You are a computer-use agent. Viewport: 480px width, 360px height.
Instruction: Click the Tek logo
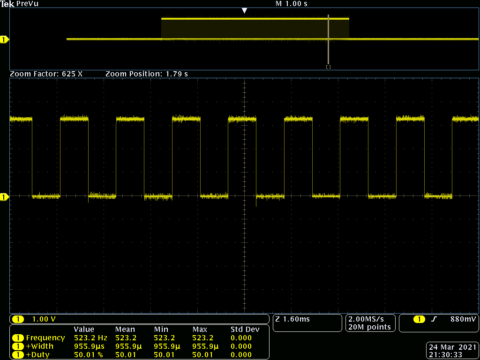pos(7,4)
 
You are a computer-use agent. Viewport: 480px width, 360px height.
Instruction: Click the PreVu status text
pos(28,4)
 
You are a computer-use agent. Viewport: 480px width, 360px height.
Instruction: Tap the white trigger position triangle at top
pos(244,10)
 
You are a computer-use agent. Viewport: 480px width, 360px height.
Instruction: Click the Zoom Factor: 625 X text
pos(46,74)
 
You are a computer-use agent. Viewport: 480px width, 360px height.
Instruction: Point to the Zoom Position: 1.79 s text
pos(147,74)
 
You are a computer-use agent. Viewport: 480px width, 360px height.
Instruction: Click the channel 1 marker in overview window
pos(4,40)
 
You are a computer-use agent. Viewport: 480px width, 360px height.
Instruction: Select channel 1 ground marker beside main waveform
pos(4,197)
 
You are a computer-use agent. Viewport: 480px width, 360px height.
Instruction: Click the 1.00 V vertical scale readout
pos(44,319)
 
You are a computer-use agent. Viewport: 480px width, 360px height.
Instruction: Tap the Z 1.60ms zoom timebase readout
pos(292,319)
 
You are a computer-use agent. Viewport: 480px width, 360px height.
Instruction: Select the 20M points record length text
pos(369,327)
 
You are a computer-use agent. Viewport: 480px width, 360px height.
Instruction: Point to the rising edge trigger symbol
pos(434,319)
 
